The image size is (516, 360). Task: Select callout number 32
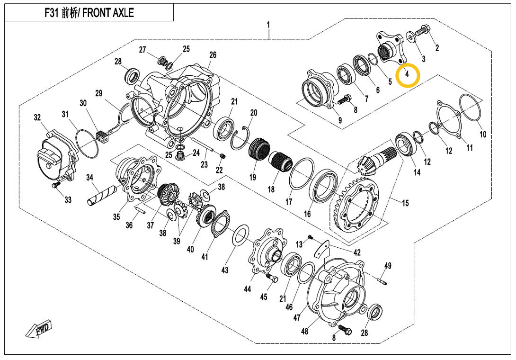[37, 117]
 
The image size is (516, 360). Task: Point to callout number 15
[405, 203]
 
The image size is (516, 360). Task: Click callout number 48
[304, 331]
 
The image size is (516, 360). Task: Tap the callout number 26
[213, 55]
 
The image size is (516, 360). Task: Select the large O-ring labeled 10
[471, 108]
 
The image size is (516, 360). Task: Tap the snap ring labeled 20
[243, 137]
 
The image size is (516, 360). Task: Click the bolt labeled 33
[56, 184]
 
